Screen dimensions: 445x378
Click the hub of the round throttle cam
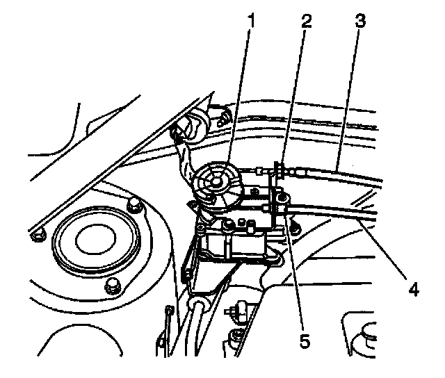point(216,181)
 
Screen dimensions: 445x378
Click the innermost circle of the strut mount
point(96,240)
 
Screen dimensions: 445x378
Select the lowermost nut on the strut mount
point(113,286)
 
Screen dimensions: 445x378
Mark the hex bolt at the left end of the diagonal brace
point(38,235)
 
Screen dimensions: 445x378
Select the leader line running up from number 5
point(296,272)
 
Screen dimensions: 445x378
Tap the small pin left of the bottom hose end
point(170,309)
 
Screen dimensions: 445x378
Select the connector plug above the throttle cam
point(219,117)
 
